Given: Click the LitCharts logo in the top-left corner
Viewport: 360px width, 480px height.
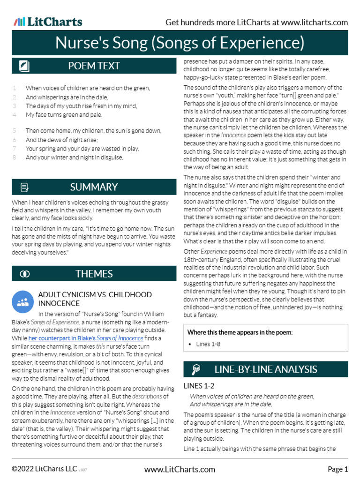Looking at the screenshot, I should pos(48,22).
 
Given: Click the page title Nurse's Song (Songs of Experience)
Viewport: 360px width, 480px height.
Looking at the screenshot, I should pos(180,43).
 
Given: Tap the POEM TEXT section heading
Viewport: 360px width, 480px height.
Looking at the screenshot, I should pos(94,66).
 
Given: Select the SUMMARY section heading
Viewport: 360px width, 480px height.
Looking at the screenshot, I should pos(94,187).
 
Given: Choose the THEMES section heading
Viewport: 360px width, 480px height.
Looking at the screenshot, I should pos(94,274).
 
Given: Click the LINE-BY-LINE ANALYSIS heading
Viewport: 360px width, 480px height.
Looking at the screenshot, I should pos(265,369).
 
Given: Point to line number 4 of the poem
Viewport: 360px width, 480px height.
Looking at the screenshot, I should pos(15,114).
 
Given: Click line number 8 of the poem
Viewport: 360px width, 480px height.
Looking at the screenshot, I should pos(15,157).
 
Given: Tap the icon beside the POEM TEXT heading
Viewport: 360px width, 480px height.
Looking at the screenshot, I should pos(24,66).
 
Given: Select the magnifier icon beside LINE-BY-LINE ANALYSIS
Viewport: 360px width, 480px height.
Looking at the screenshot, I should pos(196,369).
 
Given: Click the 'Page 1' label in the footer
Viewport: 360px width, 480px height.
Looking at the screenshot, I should pos(337,469).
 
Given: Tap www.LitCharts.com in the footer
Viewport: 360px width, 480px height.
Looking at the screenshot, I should pos(180,469).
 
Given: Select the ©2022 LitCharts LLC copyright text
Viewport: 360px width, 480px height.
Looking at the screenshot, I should pos(45,469).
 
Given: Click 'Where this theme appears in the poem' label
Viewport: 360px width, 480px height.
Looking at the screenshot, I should pos(240,332).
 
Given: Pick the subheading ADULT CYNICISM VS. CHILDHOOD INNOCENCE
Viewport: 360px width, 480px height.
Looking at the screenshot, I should pos(95,299).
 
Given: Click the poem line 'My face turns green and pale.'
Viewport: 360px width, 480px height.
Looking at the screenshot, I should pos(64,114).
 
